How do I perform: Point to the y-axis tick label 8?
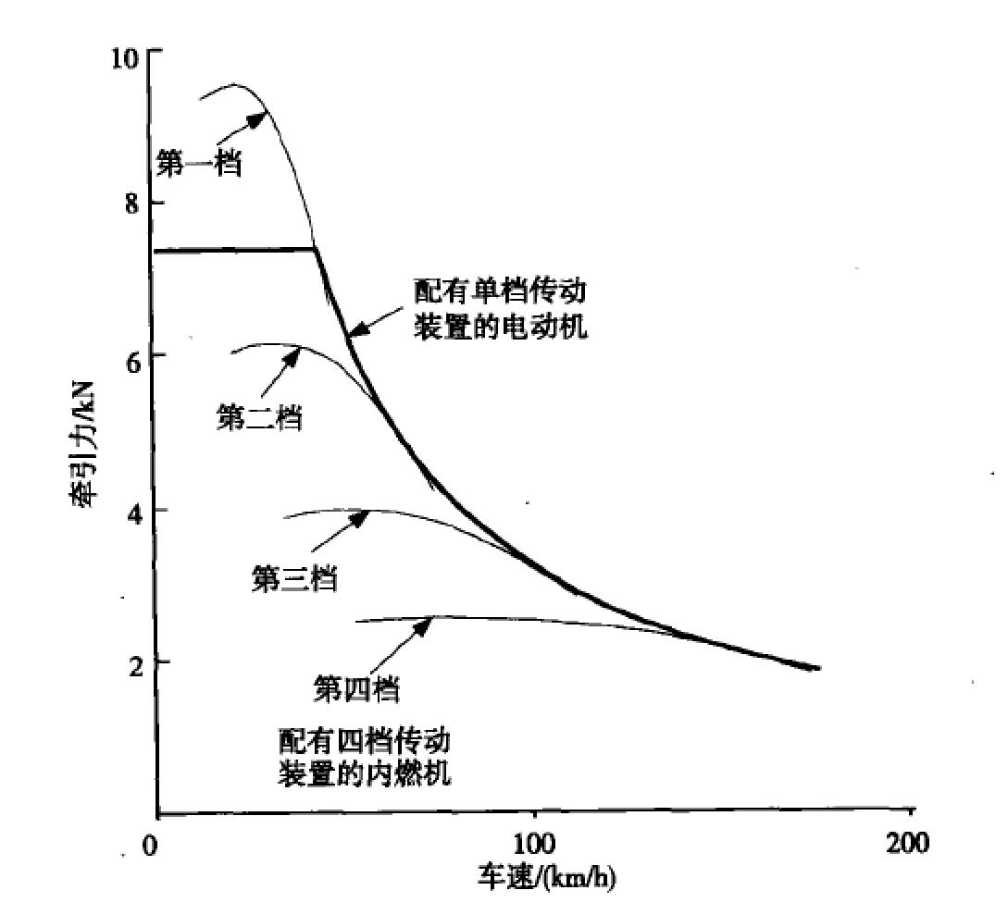(x=132, y=203)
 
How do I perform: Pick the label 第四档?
(x=356, y=688)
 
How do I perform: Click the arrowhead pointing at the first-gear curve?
(x=262, y=116)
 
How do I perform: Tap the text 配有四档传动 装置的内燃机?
(x=365, y=757)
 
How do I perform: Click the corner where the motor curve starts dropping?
(x=316, y=249)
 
